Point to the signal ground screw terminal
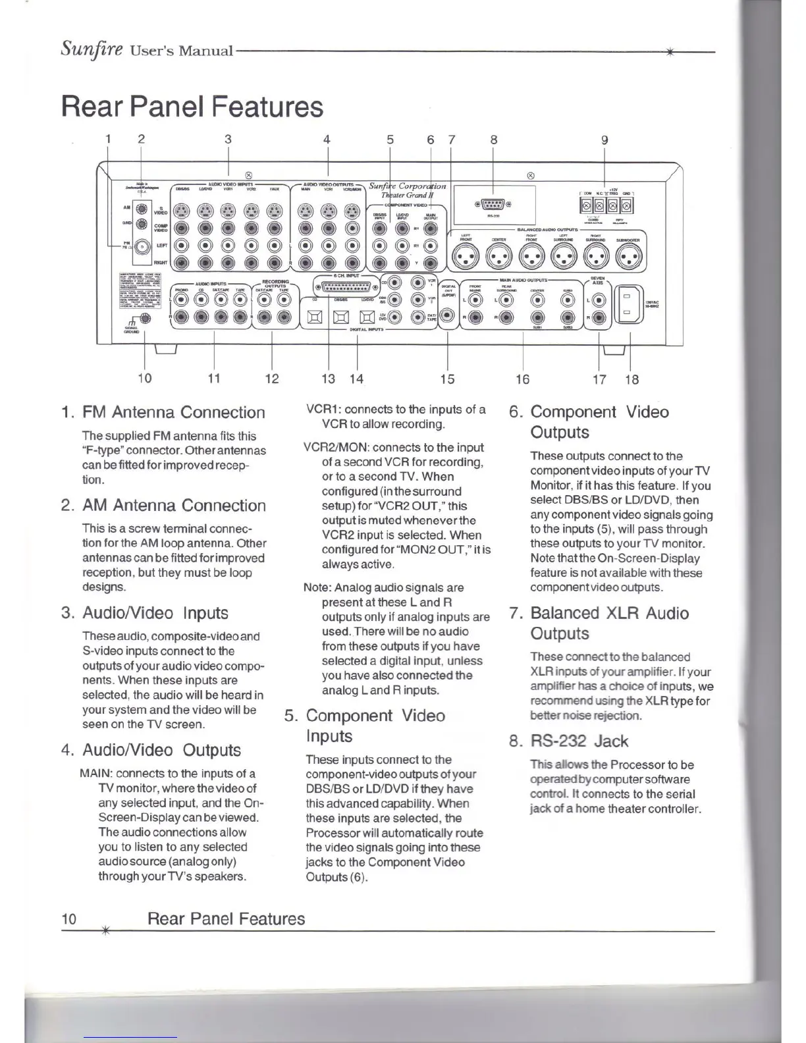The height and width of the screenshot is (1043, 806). pos(145,320)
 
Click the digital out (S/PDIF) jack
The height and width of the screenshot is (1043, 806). pos(448,317)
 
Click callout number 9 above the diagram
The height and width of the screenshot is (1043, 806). pos(604,140)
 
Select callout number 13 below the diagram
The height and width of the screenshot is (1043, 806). pos(328,379)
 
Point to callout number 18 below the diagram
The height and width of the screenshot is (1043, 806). pos(631,379)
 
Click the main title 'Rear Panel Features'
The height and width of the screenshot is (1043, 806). pos(192,107)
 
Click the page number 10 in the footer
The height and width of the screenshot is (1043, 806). pos(68,919)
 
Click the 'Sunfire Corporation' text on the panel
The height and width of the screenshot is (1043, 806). pos(407,186)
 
